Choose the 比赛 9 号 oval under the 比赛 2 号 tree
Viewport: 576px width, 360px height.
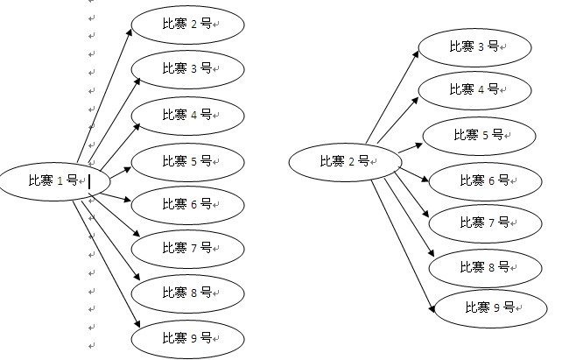(x=491, y=307)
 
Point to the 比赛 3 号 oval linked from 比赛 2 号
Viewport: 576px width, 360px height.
(x=475, y=46)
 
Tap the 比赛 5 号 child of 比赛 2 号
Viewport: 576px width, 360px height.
(x=480, y=135)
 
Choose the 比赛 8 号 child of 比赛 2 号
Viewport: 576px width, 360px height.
(x=486, y=266)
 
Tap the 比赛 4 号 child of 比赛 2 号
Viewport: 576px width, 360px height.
(x=475, y=89)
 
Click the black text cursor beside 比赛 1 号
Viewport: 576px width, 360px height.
(x=89, y=180)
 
